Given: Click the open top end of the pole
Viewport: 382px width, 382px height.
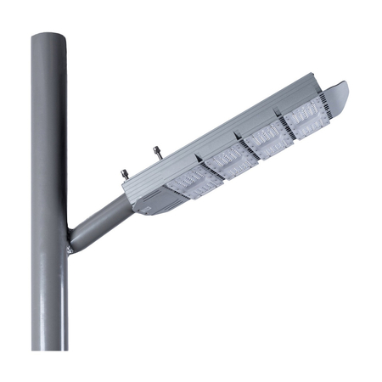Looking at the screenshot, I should [49, 36].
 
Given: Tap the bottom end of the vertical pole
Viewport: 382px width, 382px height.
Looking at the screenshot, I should [49, 346].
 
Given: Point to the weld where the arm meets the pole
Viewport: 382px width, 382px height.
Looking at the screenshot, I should [70, 246].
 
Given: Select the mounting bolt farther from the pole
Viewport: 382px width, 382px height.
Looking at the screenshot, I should [156, 153].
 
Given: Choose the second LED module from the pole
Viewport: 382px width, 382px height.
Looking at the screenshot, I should [232, 157].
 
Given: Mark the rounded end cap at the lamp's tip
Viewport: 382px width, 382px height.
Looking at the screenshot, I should [337, 93].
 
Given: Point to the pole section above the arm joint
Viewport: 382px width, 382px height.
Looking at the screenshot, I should [49, 127].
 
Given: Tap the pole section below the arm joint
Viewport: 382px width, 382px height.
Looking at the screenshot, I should [49, 297].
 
